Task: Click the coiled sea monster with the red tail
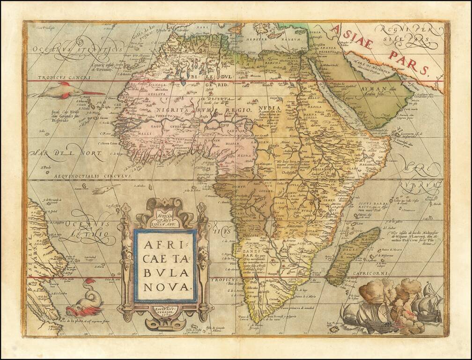point(82,297)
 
